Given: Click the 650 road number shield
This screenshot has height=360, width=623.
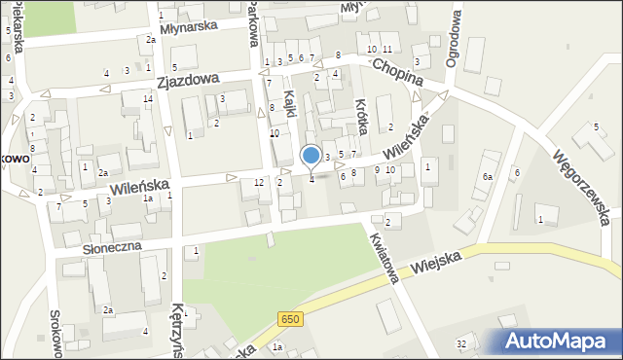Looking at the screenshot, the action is pyautogui.click(x=289, y=319).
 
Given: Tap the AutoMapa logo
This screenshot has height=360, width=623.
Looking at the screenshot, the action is pyautogui.click(x=559, y=341).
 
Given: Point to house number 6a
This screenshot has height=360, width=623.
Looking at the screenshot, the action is pyautogui.click(x=487, y=177).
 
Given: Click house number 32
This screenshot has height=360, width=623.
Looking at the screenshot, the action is pyautogui.click(x=461, y=344).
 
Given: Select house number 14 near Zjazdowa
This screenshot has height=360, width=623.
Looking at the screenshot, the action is pyautogui.click(x=148, y=99).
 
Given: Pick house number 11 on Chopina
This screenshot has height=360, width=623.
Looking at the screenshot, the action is pyautogui.click(x=387, y=49).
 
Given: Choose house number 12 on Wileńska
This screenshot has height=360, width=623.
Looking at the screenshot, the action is pyautogui.click(x=259, y=183).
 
